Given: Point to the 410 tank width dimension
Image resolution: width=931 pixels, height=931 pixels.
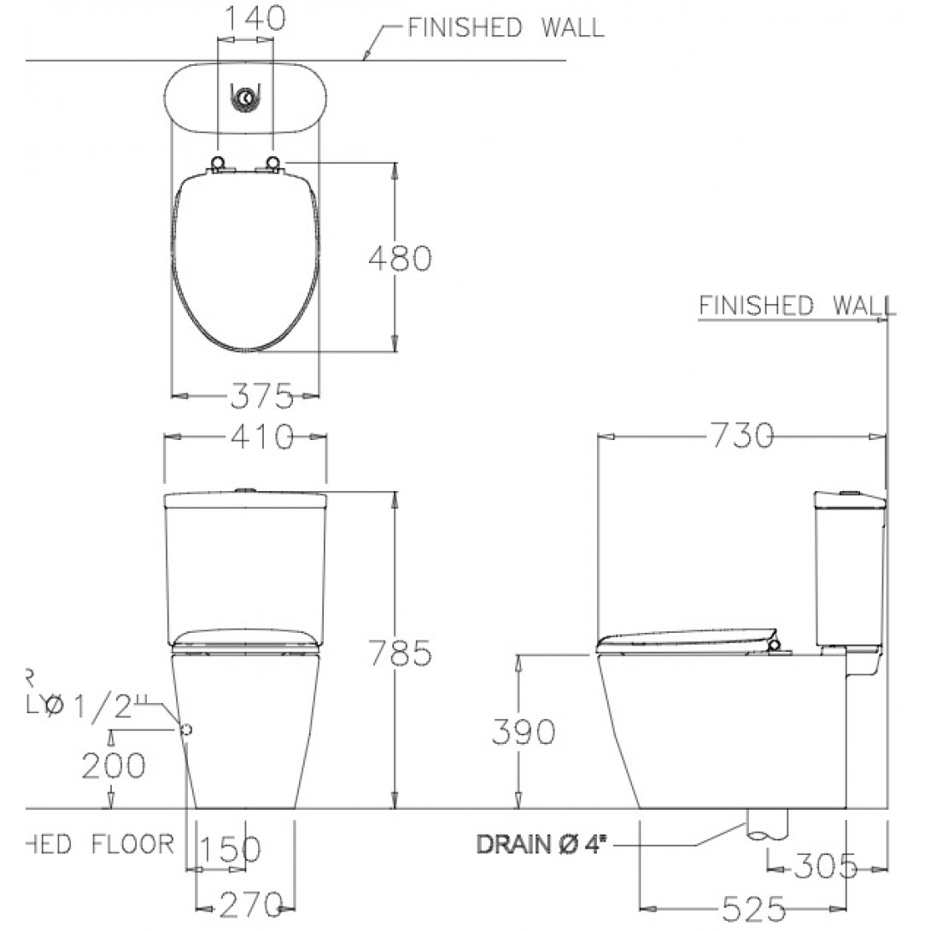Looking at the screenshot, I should tap(258, 437).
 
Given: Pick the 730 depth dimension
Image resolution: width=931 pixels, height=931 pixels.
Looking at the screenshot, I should tap(741, 436).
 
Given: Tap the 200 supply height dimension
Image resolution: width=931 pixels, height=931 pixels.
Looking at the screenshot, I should tap(114, 765).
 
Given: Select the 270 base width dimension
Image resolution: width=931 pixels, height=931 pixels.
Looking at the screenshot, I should tap(249, 902).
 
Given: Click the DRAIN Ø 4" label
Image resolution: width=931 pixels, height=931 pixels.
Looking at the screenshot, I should tap(537, 845).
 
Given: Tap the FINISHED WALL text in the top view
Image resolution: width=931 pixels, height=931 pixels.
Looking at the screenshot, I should tap(505, 27).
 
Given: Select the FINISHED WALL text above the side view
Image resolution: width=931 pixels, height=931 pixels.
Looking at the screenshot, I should tap(793, 306).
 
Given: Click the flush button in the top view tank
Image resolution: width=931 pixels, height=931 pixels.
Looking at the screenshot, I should tap(246, 100).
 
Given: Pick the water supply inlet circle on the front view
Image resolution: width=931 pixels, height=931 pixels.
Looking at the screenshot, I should tap(186, 729).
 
